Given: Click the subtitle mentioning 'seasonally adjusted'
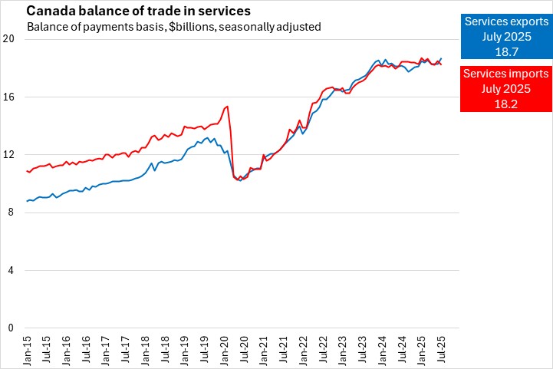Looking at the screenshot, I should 173,27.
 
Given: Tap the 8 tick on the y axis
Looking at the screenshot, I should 11,213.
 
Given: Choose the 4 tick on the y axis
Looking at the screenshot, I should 11,270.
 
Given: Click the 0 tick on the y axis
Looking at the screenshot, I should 11,328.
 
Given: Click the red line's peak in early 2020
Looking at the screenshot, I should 227,107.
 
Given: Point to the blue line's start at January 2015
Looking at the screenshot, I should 27,201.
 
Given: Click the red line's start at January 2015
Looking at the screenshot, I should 27,171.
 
